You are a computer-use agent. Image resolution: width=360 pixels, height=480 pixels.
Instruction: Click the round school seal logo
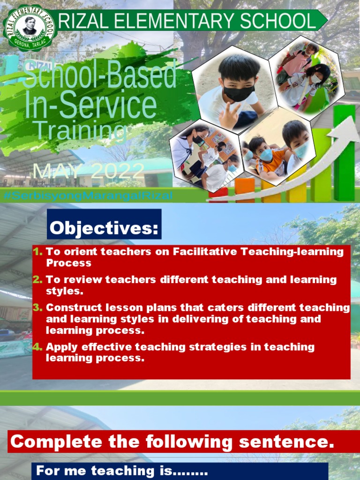pyautogui.click(x=29, y=27)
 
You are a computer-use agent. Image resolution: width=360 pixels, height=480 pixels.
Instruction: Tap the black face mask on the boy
pyautogui.click(x=239, y=92)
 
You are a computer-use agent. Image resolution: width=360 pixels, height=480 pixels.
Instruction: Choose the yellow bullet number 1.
pyautogui.click(x=37, y=252)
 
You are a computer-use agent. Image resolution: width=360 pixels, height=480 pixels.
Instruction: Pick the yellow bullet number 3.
pyautogui.click(x=37, y=308)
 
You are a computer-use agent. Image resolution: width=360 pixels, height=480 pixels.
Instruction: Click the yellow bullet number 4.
pyautogui.click(x=37, y=347)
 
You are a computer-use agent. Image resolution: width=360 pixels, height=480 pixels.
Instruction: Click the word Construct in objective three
pyautogui.click(x=71, y=308)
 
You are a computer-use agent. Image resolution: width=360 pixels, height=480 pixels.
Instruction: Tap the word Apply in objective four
pyautogui.click(x=60, y=347)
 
